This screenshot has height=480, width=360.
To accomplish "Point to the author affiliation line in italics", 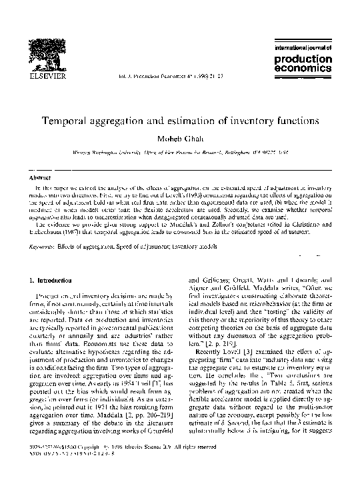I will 180,152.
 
